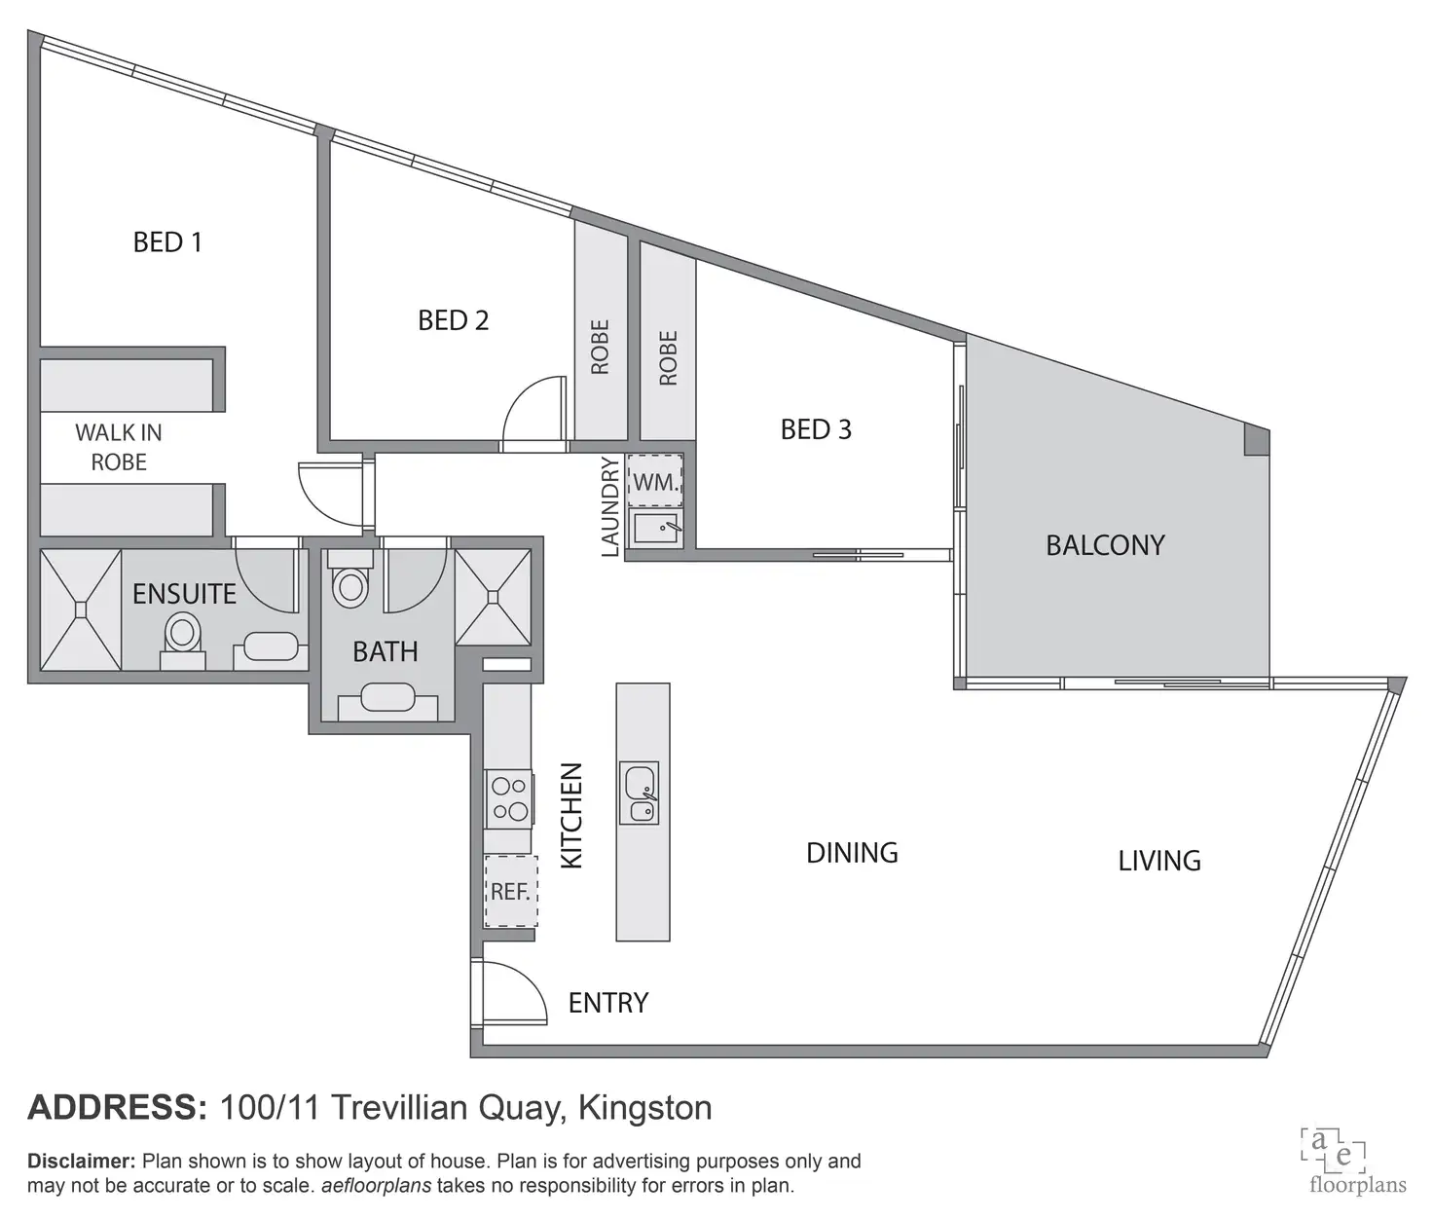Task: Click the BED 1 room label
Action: pyautogui.click(x=167, y=241)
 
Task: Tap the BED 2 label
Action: pyautogui.click(x=453, y=319)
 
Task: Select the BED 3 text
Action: pyautogui.click(x=816, y=428)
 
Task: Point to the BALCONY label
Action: pyautogui.click(x=1105, y=544)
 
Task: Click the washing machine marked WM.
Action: pyautogui.click(x=655, y=481)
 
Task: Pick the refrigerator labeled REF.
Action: pyautogui.click(x=510, y=891)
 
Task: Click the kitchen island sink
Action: pyautogui.click(x=640, y=793)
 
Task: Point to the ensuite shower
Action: pyautogui.click(x=81, y=609)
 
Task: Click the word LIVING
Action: pyautogui.click(x=1158, y=861)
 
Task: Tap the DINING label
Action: pyautogui.click(x=852, y=853)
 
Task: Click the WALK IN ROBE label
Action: pyautogui.click(x=119, y=447)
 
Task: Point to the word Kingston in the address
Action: pyautogui.click(x=644, y=1108)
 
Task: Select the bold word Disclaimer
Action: pyautogui.click(x=81, y=1161)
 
